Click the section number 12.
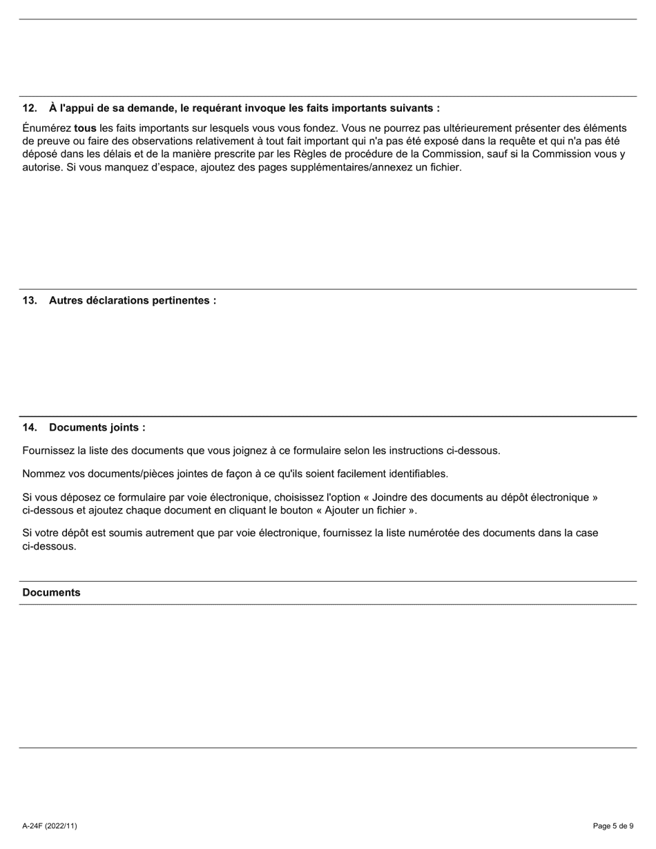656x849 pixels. tap(29, 108)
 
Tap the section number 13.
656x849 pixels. tap(29, 301)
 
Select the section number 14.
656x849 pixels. tap(29, 428)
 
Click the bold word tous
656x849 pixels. tap(85, 128)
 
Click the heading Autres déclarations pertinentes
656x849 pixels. tap(132, 301)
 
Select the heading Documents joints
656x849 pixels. tap(97, 428)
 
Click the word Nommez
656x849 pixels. tap(44, 474)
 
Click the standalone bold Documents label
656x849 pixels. tap(51, 593)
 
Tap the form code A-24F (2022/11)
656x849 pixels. tap(50, 826)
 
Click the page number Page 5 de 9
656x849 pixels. tap(612, 826)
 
